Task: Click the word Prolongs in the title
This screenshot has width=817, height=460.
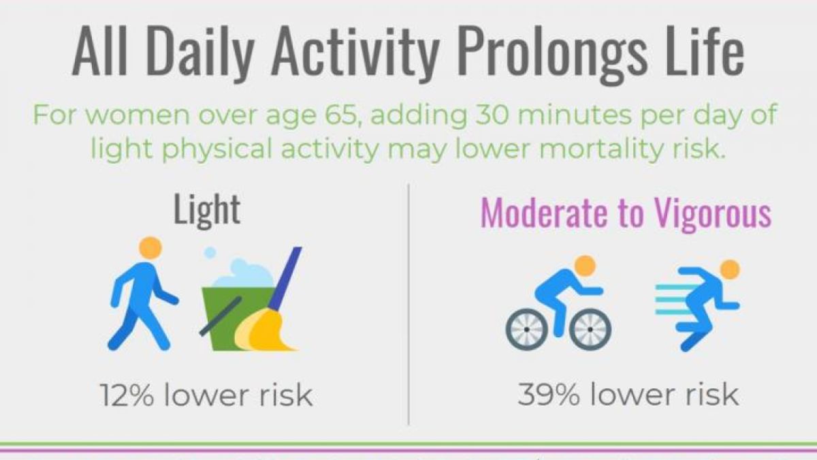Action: [x=552, y=55]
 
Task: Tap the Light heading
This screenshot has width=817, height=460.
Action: [x=207, y=211]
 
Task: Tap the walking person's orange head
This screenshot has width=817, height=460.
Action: [x=150, y=248]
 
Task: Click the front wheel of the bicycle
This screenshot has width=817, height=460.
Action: [x=590, y=330]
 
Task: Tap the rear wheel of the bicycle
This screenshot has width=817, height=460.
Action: [x=526, y=330]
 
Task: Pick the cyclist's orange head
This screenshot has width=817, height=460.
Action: [x=585, y=266]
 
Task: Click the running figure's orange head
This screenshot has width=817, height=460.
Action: [x=730, y=270]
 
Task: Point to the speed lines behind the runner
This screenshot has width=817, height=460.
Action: [x=673, y=300]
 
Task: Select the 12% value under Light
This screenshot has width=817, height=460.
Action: [x=127, y=395]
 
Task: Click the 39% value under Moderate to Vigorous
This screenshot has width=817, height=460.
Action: [x=549, y=395]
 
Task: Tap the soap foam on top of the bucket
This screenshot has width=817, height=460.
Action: [x=242, y=274]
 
